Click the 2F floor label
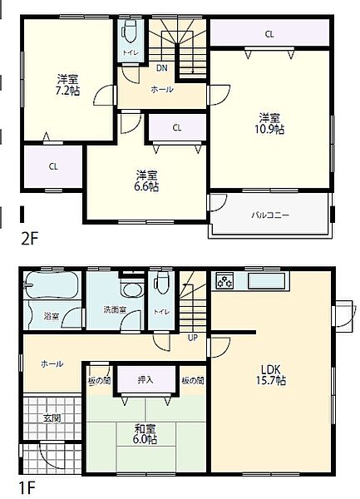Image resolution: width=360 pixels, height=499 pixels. coord(29,239)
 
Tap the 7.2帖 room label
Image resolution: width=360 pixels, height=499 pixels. coord(67,91)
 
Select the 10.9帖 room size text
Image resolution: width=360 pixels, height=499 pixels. coord(269,130)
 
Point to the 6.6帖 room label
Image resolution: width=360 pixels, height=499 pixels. coord(146,186)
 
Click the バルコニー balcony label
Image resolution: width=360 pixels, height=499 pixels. coord(270,215)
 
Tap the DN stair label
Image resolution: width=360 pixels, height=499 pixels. coord(162,68)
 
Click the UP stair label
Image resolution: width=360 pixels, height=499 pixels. coord(193,338)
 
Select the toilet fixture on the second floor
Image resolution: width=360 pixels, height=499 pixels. coord(131,32)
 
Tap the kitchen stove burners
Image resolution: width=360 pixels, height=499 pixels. coord(224,281)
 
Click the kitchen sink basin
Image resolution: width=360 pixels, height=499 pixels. coord(267,281)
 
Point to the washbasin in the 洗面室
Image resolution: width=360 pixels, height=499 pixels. coord(131,289)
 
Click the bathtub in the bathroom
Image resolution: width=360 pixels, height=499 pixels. coord(52,284)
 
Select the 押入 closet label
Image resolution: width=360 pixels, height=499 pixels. coord(145,379)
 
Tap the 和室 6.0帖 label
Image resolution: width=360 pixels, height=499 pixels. coord(145,434)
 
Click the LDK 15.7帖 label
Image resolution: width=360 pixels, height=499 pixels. coord(271,375)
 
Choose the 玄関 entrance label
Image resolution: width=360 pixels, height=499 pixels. coord(52,418)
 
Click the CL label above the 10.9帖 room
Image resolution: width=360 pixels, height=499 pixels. coord(269,34)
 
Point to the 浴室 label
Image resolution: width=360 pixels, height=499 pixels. coord(52,316)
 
